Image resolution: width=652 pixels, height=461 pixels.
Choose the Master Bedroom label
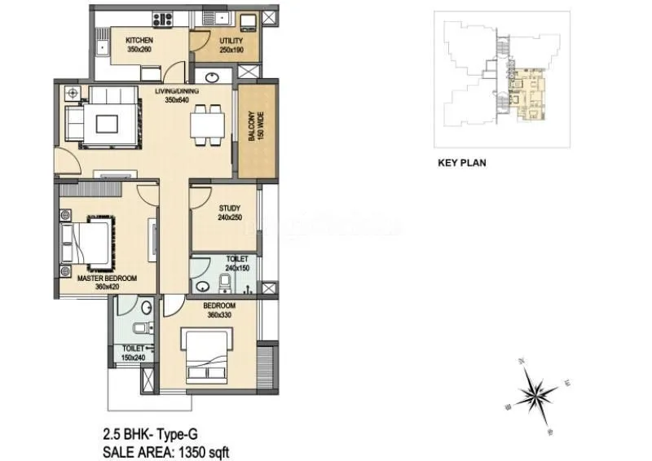coord(107,278)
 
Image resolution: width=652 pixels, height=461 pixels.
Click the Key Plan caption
coord(461,162)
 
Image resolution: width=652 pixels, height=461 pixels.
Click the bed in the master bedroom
coord(88,238)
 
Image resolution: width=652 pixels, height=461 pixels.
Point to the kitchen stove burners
coord(158,17)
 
